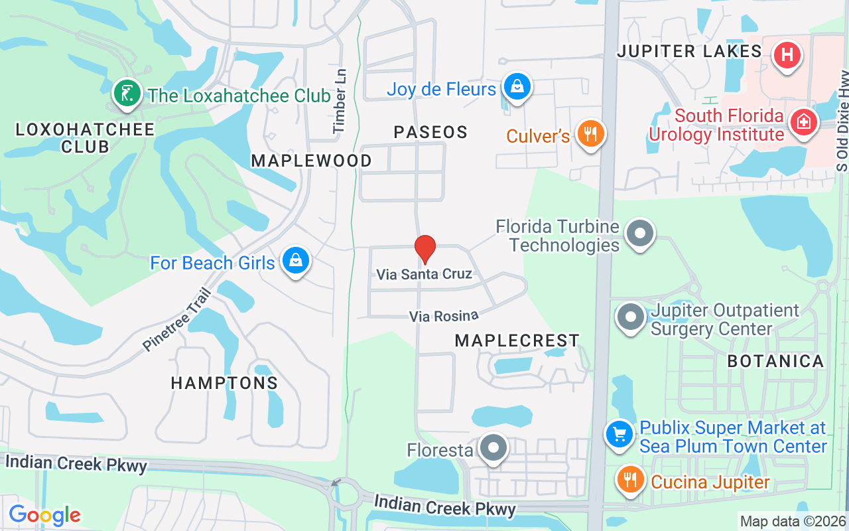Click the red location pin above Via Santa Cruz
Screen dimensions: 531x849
click(424, 249)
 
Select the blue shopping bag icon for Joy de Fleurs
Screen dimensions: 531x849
click(516, 86)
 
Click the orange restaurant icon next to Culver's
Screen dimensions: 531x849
click(588, 134)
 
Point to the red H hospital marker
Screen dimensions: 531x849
click(787, 55)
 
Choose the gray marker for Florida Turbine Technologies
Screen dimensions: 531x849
click(640, 234)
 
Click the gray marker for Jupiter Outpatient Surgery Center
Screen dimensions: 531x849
click(630, 317)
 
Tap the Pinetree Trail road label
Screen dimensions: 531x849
click(176, 320)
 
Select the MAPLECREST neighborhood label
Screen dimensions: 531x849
click(517, 341)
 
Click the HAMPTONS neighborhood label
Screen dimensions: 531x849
click(224, 383)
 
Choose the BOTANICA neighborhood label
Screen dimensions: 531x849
click(775, 361)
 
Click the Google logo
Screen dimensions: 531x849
click(44, 515)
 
